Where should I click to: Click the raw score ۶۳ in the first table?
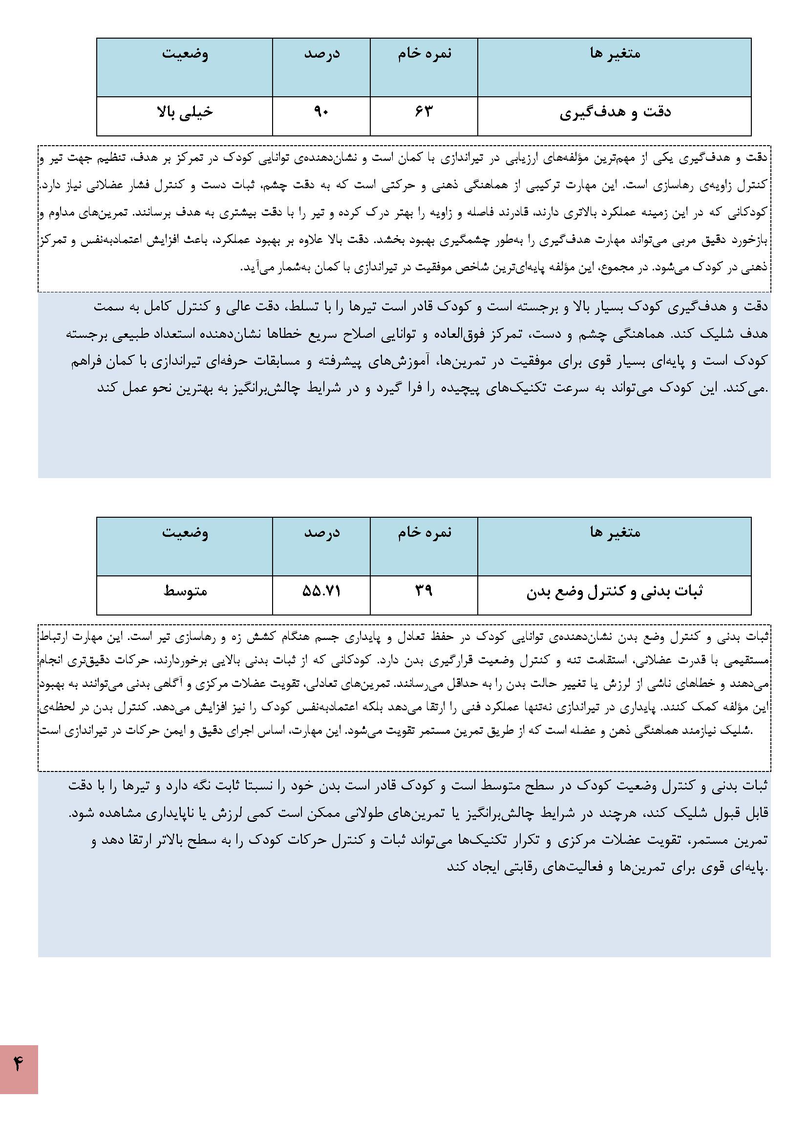424,112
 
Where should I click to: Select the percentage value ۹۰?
321,112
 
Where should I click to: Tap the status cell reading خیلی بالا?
185,112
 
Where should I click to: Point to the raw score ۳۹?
424,591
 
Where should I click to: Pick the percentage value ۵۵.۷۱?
321,591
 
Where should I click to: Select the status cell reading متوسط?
185,591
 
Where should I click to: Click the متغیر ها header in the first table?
615,53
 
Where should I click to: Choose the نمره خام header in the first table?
425,53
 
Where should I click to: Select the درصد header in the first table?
322,53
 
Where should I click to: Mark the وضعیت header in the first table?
185,53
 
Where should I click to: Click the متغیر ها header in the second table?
615,533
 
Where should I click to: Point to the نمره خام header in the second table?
425,533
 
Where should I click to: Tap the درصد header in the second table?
322,533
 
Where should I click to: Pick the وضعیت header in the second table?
185,533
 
